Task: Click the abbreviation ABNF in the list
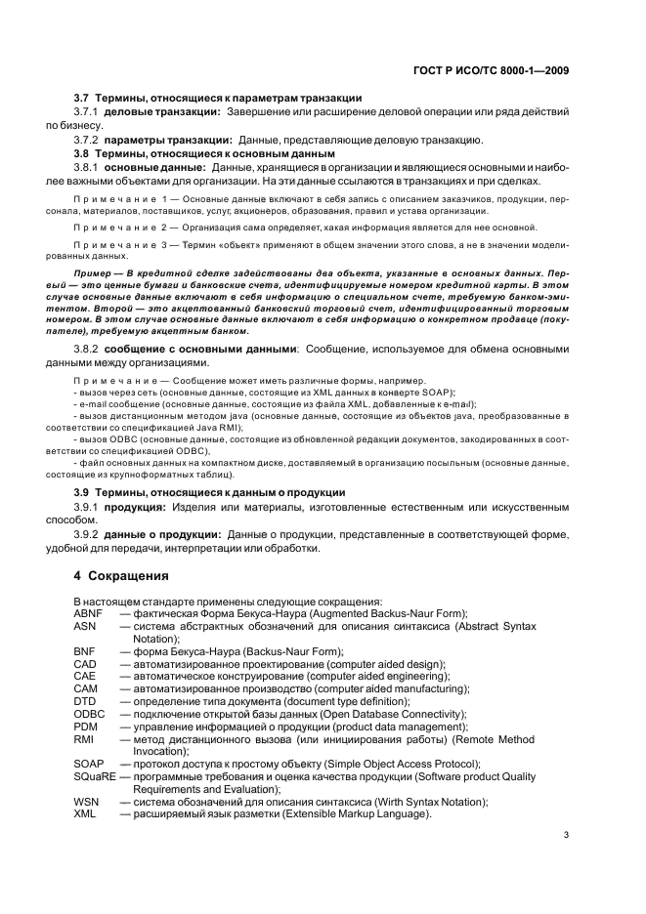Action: click(89, 613)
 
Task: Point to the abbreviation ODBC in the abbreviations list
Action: click(90, 715)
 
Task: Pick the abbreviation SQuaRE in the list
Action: click(95, 776)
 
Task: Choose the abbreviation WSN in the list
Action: click(86, 802)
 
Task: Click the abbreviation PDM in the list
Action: click(85, 727)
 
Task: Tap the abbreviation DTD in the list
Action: click(85, 702)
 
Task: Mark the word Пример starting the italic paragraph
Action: click(93, 272)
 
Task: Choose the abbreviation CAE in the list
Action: click(85, 677)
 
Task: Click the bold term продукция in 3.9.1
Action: click(135, 508)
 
